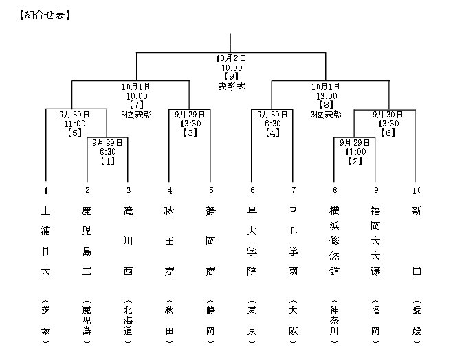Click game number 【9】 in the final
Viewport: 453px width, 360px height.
(231, 77)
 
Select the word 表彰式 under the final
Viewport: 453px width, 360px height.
(231, 87)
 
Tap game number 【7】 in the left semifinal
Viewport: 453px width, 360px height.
(136, 105)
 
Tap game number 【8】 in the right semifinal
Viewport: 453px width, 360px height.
(326, 105)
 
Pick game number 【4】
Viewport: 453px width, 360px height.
(272, 132)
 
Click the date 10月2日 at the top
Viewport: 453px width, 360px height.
(231, 59)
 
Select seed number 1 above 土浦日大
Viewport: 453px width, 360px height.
(45, 190)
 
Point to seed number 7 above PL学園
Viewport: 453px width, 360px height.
(293, 190)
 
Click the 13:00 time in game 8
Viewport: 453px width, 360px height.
(326, 96)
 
